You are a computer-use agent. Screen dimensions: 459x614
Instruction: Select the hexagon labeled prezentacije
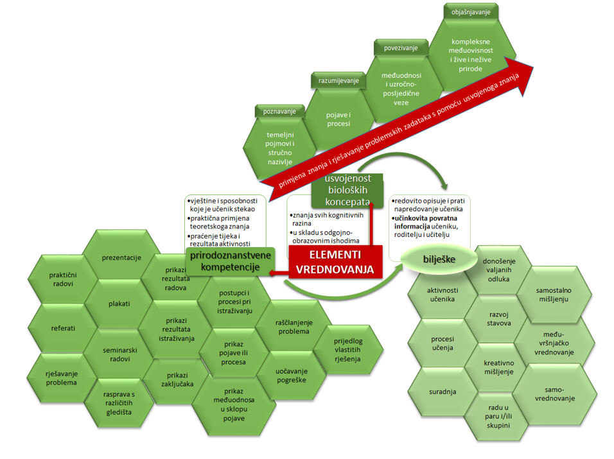click(121, 257)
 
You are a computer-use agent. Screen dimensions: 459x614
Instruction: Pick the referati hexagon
click(63, 328)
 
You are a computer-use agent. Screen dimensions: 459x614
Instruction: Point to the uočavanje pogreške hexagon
click(293, 376)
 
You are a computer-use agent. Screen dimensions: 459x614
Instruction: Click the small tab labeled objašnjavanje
click(471, 12)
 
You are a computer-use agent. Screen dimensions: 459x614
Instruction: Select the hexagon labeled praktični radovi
click(62, 279)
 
